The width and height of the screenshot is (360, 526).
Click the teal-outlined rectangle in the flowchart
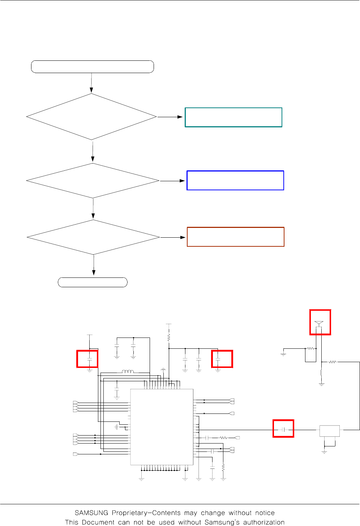click(x=233, y=117)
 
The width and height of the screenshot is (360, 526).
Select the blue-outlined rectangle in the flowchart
click(x=235, y=180)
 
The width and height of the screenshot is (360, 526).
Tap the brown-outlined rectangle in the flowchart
click(x=236, y=237)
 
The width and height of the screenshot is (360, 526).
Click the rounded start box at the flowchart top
click(x=93, y=67)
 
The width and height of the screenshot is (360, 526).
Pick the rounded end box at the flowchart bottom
click(x=93, y=282)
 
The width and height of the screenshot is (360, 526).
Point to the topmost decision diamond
click(x=91, y=117)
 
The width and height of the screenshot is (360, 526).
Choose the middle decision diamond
click(x=93, y=181)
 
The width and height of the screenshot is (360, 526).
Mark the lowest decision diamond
click(x=93, y=237)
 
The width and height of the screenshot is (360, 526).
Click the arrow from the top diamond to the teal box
click(x=170, y=117)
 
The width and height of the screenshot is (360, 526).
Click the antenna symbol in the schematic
click(x=319, y=322)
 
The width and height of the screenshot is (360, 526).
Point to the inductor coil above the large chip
click(x=128, y=372)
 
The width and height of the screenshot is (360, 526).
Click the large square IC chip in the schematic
click(x=162, y=427)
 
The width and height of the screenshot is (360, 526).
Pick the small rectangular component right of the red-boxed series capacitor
click(x=330, y=431)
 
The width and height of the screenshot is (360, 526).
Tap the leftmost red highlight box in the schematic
click(x=87, y=359)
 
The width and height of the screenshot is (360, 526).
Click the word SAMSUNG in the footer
click(x=91, y=513)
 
